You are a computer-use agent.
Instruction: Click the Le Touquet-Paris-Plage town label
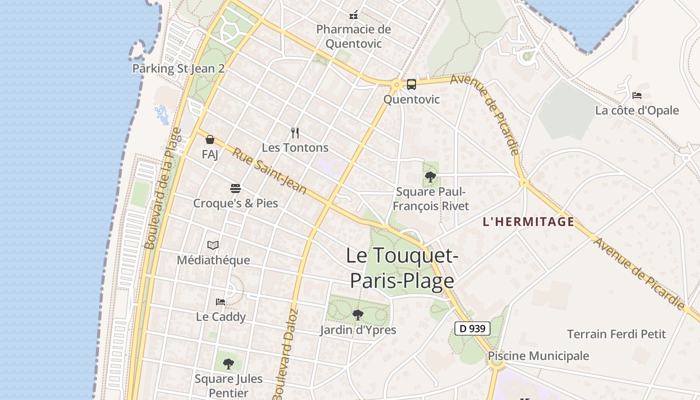(401, 268)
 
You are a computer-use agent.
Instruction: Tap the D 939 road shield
(472, 328)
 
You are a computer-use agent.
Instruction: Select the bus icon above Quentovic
(411, 84)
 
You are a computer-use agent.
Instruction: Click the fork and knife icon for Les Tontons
(295, 133)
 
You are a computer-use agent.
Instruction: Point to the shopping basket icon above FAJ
(210, 139)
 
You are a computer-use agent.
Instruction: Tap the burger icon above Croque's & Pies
(235, 188)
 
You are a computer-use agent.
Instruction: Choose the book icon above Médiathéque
(213, 245)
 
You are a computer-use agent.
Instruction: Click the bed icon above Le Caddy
(220, 301)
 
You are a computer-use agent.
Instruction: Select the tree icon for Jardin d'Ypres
(357, 314)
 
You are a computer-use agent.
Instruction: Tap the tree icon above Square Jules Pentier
(228, 363)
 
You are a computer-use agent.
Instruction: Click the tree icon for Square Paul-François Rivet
(430, 176)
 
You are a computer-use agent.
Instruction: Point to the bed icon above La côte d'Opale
(636, 95)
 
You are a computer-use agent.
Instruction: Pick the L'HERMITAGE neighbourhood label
(528, 222)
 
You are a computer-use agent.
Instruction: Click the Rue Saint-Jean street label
(269, 171)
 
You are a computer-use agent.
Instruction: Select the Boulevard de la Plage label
(163, 188)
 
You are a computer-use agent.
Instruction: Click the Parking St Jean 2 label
(178, 68)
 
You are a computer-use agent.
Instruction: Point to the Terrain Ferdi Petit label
(616, 334)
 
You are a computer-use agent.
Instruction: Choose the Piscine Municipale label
(538, 356)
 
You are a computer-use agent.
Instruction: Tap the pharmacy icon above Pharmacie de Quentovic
(353, 15)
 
